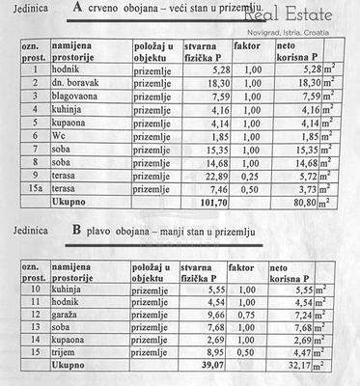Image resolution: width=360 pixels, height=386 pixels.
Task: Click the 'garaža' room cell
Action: (70, 316)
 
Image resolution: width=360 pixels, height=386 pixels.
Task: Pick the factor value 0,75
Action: (249, 316)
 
